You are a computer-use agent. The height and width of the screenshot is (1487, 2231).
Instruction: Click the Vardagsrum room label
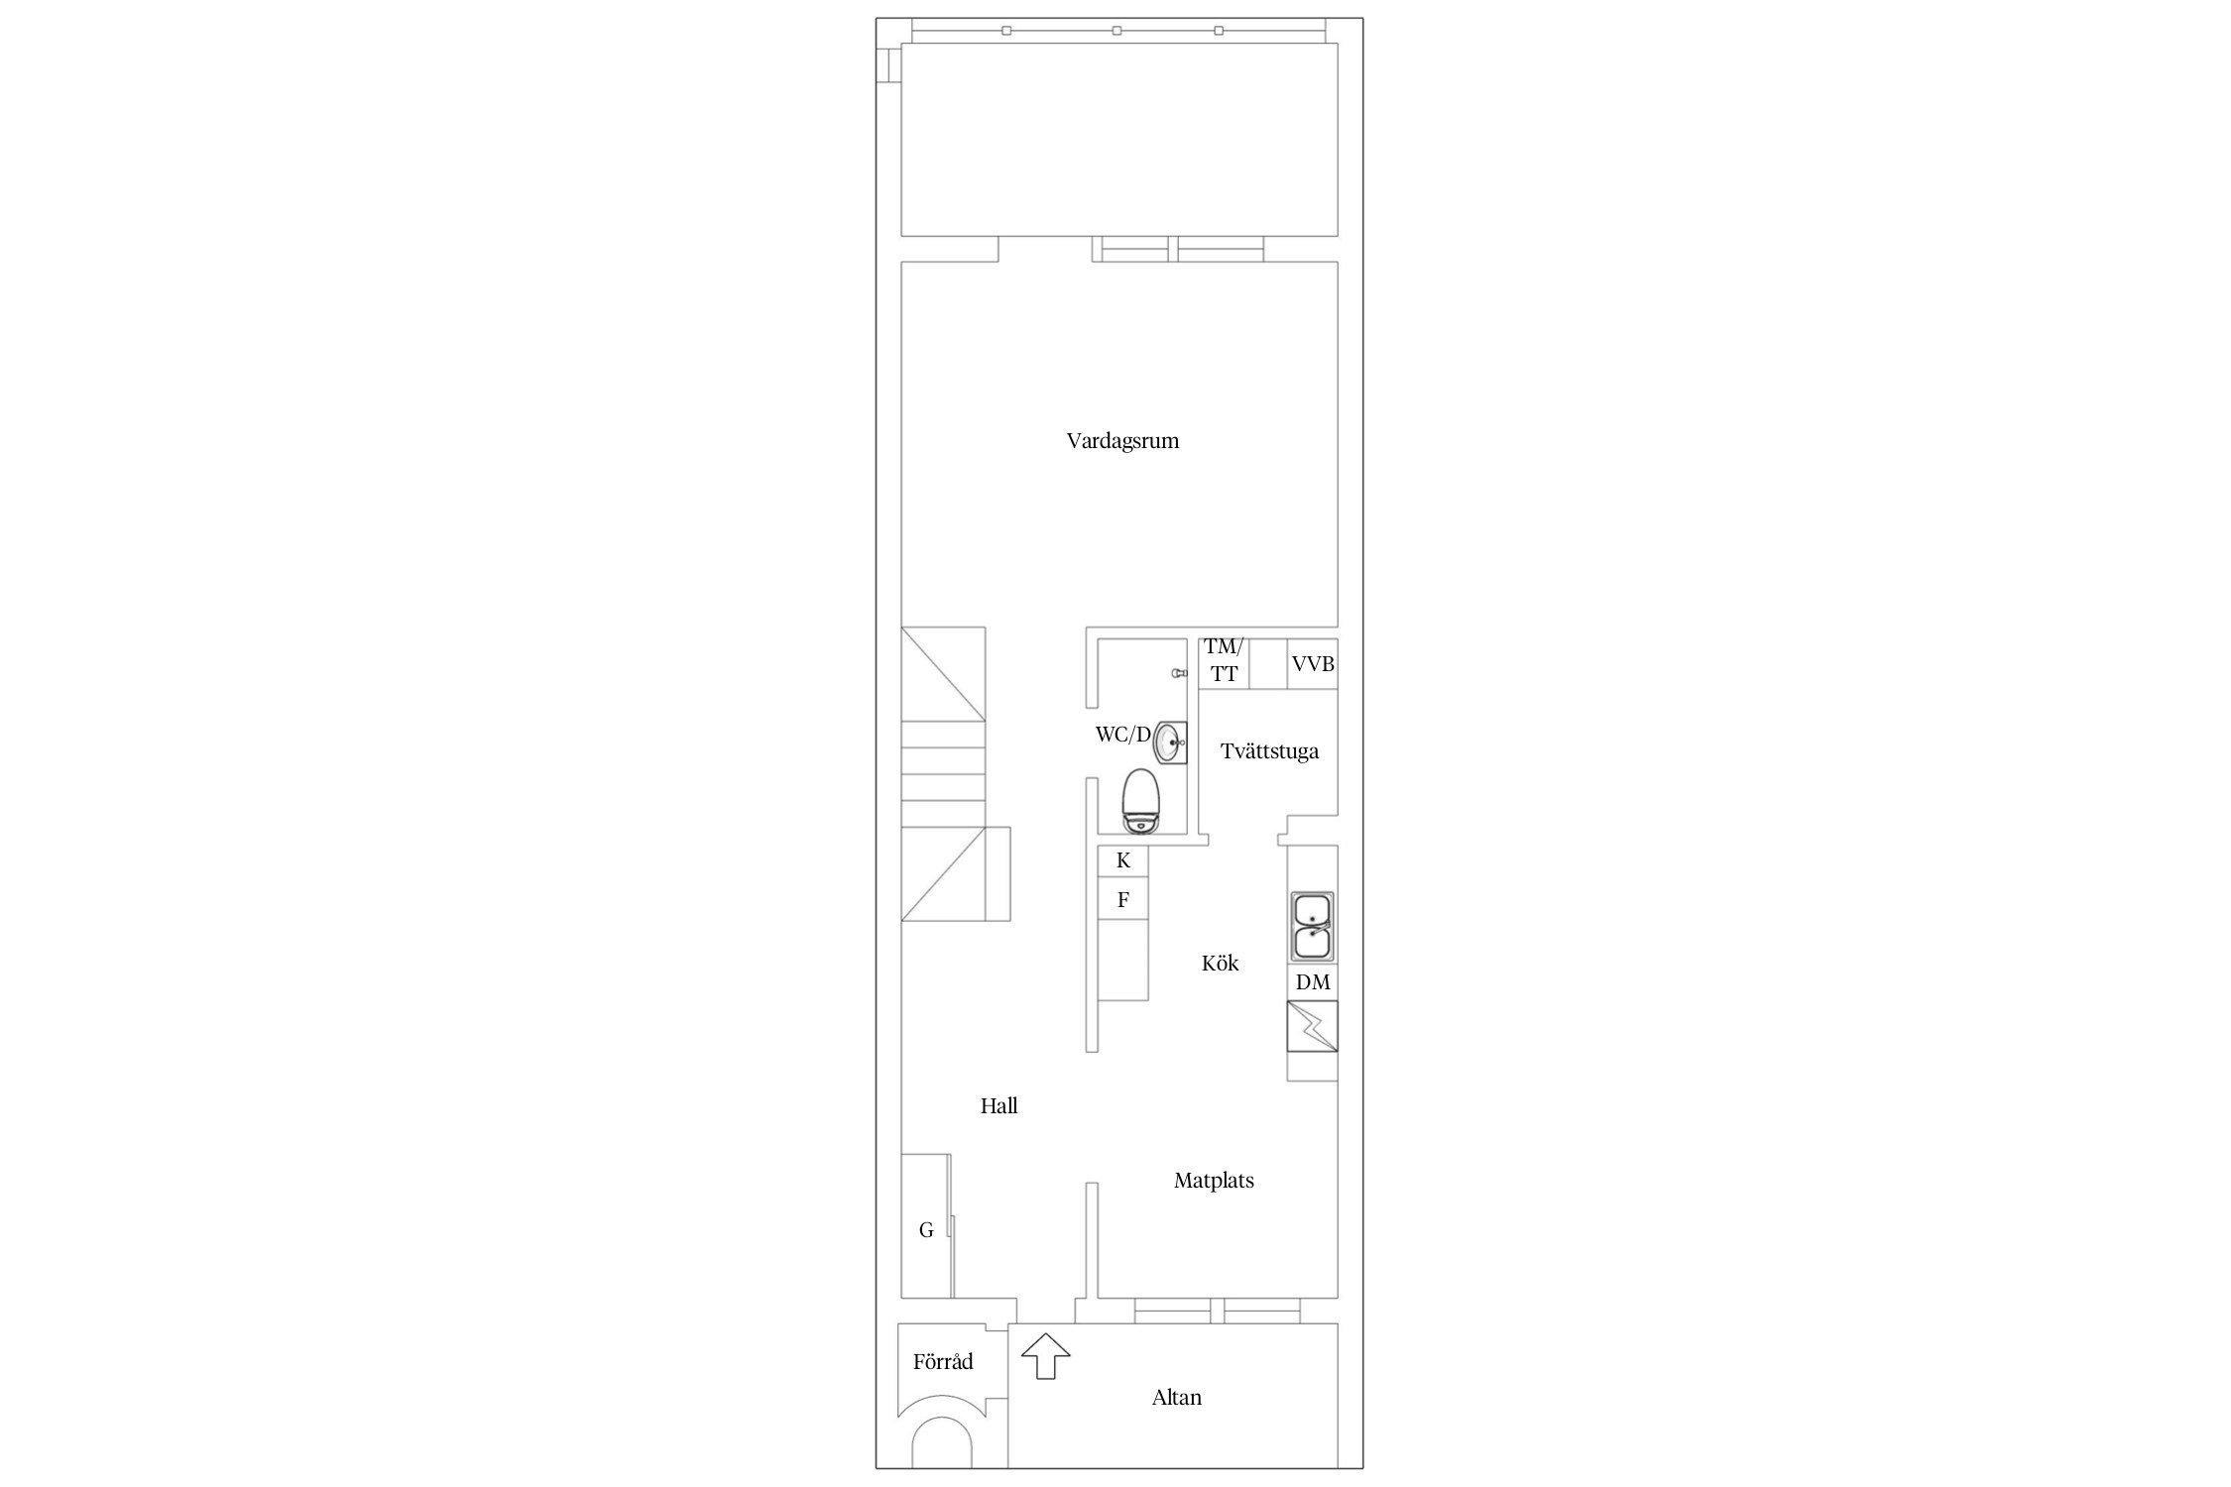point(1122,441)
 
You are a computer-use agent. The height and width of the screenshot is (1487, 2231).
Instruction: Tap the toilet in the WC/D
point(1142,800)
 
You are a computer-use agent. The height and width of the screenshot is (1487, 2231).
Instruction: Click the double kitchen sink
point(1312,926)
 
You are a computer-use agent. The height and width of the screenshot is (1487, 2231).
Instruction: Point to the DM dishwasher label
point(1313,982)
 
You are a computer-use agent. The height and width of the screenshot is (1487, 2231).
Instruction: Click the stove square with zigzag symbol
point(1312,1026)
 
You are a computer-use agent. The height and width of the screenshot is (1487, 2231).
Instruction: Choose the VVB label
point(1313,664)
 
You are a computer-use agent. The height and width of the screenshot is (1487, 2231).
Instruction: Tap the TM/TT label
point(1224,661)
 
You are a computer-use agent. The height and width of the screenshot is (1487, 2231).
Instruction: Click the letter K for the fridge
point(1123,860)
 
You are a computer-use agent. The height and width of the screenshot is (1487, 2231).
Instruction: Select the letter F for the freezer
point(1123,901)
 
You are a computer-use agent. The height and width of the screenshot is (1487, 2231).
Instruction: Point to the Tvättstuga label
point(1269,751)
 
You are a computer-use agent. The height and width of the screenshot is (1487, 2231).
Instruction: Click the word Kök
point(1220,963)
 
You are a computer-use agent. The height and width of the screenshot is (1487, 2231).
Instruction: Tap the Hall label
point(998,1105)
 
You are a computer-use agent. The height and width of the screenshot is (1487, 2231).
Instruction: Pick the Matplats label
point(1214,1181)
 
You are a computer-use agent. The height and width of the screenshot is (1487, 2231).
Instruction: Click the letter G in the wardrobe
point(926,1230)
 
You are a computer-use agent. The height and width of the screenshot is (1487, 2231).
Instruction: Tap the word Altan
point(1176,1398)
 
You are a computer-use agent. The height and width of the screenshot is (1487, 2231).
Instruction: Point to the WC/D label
point(1122,735)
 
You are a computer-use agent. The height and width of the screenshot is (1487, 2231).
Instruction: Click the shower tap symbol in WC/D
point(1178,673)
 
